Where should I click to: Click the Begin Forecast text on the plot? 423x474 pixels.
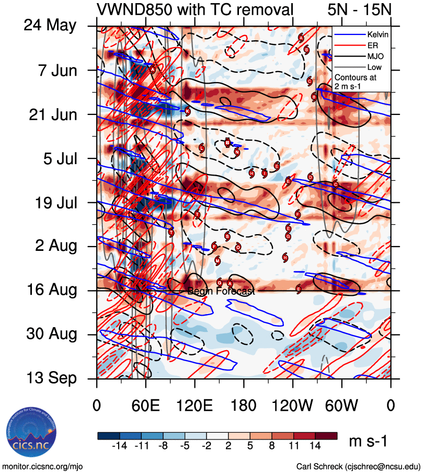(221, 292)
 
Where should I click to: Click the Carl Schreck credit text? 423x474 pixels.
(358, 466)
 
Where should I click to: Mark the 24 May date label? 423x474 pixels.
(50, 26)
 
